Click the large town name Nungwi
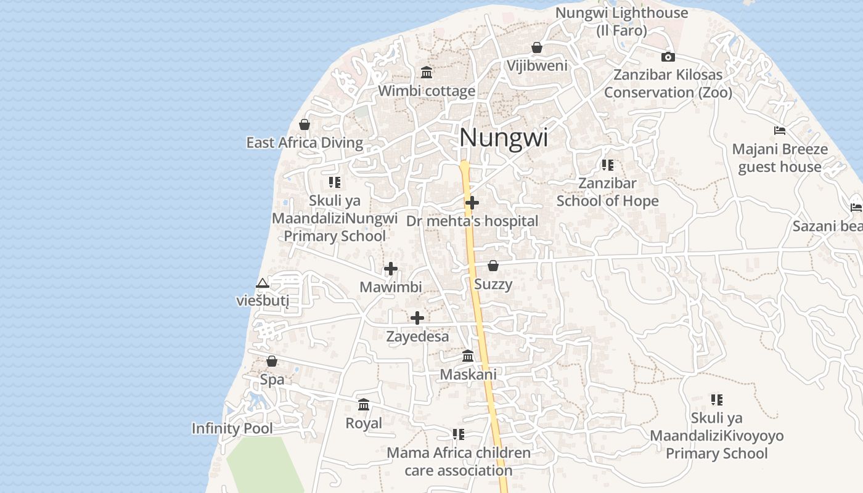point(503,137)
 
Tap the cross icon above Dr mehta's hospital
point(472,202)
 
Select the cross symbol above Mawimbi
point(391,269)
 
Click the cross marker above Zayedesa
point(417,318)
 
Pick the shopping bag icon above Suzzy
point(493,266)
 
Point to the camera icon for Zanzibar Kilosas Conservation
point(668,57)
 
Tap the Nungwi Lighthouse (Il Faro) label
point(621,21)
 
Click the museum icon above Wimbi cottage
point(427,73)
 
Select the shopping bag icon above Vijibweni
point(537,47)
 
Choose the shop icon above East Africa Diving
point(305,124)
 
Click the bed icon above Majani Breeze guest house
point(780,131)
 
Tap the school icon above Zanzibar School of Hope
point(608,165)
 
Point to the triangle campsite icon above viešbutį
point(263,283)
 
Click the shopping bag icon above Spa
point(272,361)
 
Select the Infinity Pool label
point(232,428)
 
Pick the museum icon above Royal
point(364,405)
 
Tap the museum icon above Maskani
point(468,356)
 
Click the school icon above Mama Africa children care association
point(459,434)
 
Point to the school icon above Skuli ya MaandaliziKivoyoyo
point(716,400)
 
